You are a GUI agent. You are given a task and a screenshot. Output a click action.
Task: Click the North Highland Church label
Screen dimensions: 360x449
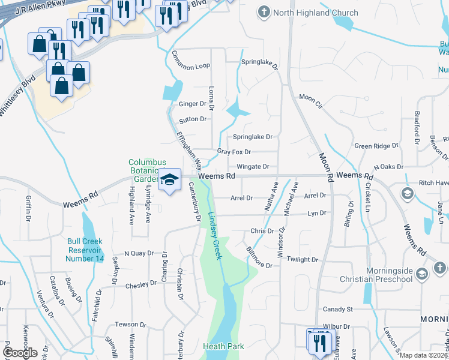coord(315,13)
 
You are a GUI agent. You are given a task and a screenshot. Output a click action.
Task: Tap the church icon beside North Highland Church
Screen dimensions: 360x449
coord(263,12)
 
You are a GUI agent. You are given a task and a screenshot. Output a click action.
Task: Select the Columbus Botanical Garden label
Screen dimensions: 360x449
coord(145,170)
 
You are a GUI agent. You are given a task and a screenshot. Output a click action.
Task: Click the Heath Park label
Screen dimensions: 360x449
coord(223,346)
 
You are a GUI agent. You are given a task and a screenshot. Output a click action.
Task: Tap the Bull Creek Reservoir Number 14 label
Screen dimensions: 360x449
coord(85,250)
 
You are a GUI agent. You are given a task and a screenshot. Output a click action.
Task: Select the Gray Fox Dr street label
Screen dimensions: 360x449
coord(234,152)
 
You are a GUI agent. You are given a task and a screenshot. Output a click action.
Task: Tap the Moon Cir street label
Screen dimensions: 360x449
coord(311,97)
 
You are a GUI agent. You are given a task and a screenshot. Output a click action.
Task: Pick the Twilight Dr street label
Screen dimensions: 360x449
coord(303,259)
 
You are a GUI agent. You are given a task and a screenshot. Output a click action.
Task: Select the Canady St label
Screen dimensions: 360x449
coord(337,310)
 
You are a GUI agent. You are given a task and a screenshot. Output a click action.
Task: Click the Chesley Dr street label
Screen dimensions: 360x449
coord(141,286)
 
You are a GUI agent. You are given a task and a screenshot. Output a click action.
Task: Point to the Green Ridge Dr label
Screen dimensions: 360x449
coord(376,146)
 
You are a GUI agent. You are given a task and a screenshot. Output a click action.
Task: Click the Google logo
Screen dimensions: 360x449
coord(20,352)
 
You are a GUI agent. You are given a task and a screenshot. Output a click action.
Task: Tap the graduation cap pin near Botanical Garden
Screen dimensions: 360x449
coord(169,181)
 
